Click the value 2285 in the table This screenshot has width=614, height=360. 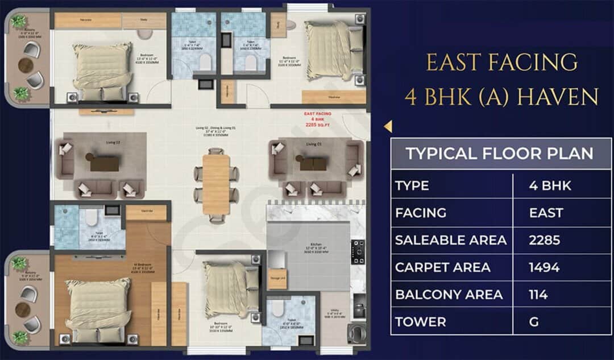[x=544, y=240]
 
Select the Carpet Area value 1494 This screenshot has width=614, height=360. [x=544, y=267]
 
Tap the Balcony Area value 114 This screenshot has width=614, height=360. [x=538, y=295]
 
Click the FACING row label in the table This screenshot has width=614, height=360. [x=421, y=213]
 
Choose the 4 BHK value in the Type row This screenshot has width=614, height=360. [x=550, y=185]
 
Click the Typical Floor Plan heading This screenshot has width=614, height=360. [x=500, y=153]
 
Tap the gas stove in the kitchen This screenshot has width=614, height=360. [x=358, y=251]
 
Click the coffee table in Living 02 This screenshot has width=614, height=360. [x=105, y=163]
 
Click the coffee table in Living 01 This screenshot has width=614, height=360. [x=313, y=164]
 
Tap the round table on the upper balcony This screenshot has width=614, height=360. [x=26, y=65]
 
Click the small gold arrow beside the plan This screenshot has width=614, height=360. [x=387, y=126]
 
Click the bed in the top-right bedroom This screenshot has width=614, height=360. [x=329, y=50]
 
